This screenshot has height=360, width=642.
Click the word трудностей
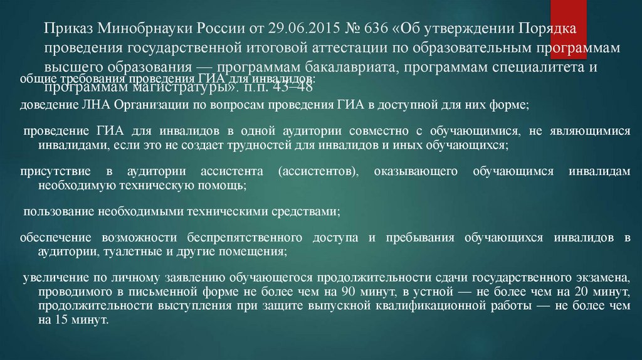point(241,145)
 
